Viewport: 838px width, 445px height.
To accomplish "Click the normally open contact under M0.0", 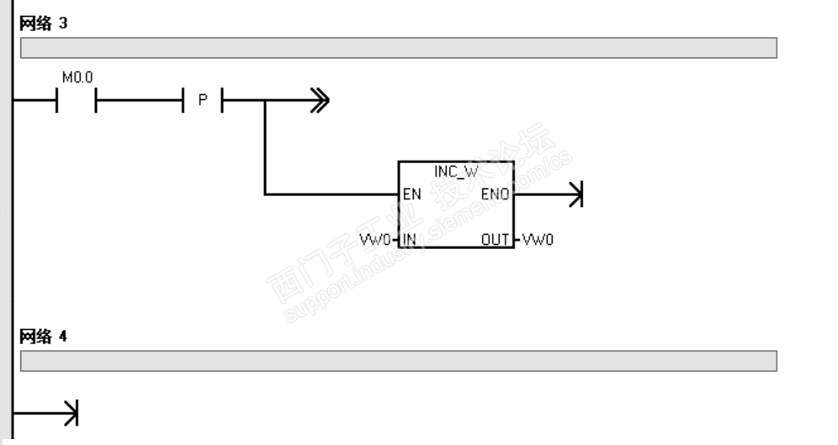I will click(x=77, y=102).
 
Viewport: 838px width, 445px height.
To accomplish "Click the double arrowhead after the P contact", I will click(x=319, y=102).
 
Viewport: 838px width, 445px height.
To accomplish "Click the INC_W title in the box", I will click(x=455, y=172).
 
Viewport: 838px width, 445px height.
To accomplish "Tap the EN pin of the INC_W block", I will click(x=412, y=194).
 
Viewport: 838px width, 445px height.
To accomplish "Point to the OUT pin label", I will click(x=496, y=240).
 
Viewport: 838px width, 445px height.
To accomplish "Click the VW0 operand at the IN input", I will click(x=375, y=240).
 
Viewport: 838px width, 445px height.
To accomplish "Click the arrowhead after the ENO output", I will click(x=575, y=195).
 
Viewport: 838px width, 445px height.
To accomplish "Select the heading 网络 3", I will click(x=43, y=23).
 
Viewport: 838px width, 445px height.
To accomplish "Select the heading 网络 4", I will click(x=43, y=336).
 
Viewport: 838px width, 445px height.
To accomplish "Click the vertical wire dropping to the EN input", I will click(x=265, y=151).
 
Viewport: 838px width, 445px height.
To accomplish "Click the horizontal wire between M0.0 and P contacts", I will click(x=140, y=102).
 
